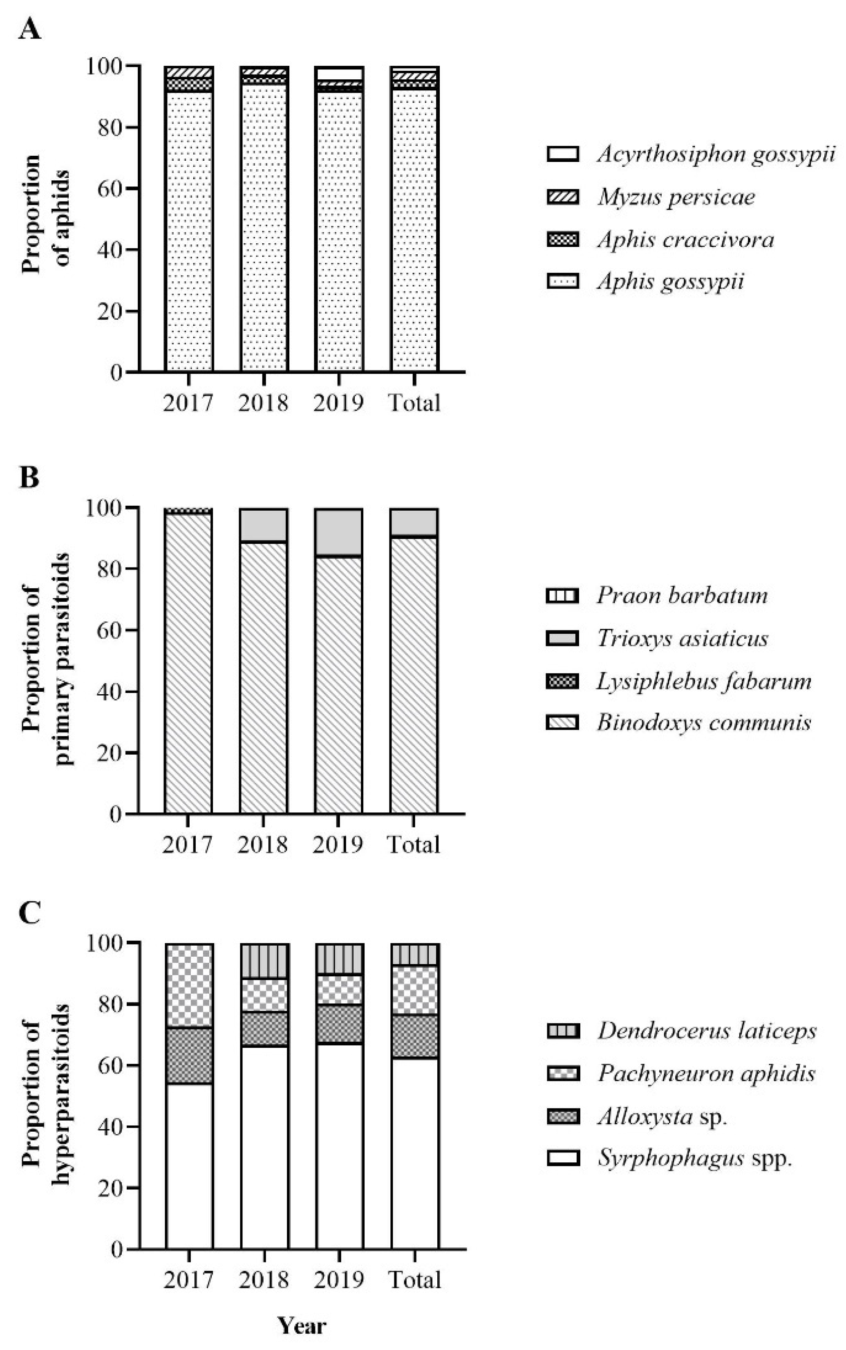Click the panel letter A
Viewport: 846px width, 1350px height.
[30, 29]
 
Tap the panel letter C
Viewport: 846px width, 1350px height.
[30, 913]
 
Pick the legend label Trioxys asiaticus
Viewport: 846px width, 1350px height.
[682, 638]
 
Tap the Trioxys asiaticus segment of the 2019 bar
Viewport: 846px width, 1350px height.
[338, 532]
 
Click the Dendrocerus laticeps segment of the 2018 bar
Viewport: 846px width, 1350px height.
[264, 961]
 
